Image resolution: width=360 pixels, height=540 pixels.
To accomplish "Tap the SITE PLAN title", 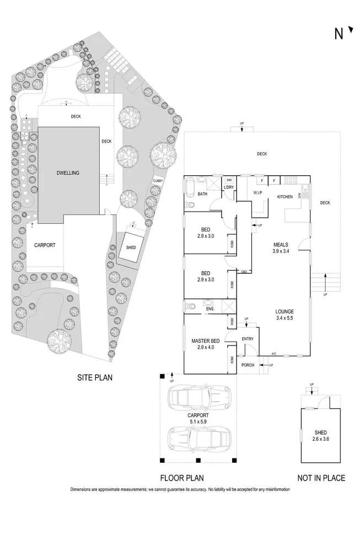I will pyautogui.click(x=99, y=377).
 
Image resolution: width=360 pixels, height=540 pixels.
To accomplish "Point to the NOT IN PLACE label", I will pyautogui.click(x=321, y=478).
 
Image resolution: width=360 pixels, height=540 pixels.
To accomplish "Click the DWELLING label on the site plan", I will pyautogui.click(x=68, y=173).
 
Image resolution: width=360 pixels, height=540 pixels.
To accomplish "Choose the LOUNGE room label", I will pyautogui.click(x=284, y=311).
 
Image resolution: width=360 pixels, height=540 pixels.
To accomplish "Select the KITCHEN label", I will pyautogui.click(x=285, y=197).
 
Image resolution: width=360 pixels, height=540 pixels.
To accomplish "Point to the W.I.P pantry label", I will pyautogui.click(x=257, y=193).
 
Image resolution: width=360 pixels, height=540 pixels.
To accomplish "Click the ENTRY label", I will pyautogui.click(x=248, y=339).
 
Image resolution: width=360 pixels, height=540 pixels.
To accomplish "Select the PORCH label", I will pyautogui.click(x=248, y=364).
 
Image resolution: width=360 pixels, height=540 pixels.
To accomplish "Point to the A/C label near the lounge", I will pyautogui.click(x=274, y=354).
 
